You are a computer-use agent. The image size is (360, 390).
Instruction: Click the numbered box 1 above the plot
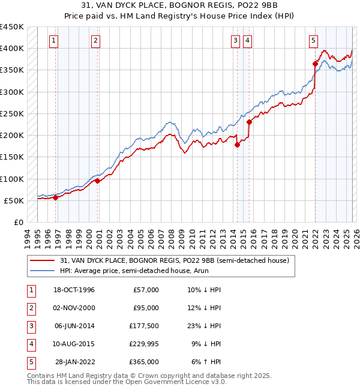pyautogui.click(x=54, y=41)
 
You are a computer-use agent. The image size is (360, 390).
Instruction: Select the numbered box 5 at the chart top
pyautogui.click(x=314, y=41)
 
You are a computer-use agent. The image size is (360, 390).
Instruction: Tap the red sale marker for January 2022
pyautogui.click(x=315, y=64)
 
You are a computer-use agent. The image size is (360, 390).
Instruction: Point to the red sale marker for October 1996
pyautogui.click(x=55, y=197)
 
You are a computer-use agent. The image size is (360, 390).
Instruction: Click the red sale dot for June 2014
pyautogui.click(x=237, y=145)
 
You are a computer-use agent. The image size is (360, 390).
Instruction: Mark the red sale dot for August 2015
pyautogui.click(x=249, y=122)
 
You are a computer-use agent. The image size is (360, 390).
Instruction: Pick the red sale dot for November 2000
pyautogui.click(x=97, y=181)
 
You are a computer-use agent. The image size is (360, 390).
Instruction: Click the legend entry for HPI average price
pyautogui.click(x=125, y=271)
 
